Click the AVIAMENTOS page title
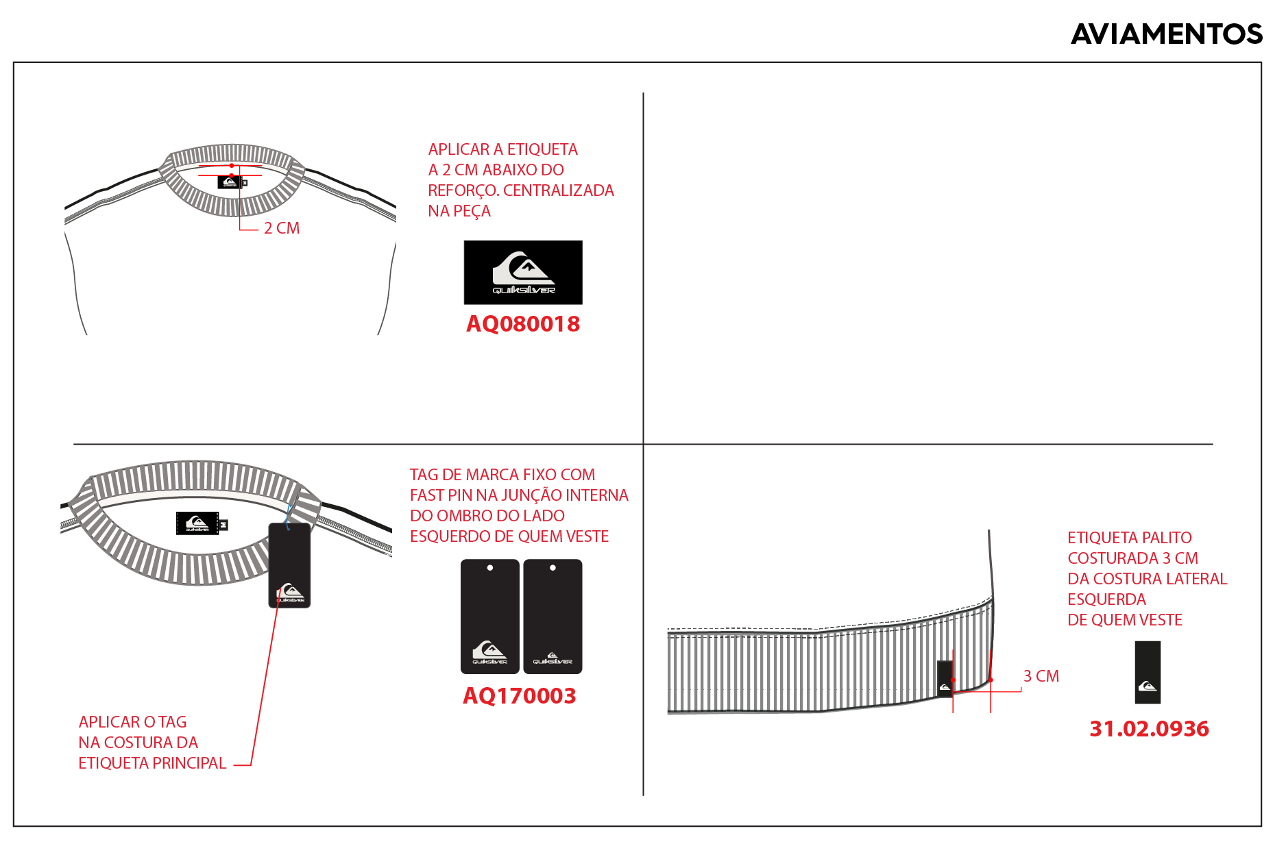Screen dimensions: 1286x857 [1166, 34]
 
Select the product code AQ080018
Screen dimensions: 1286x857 [523, 324]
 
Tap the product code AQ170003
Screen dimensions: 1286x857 [520, 696]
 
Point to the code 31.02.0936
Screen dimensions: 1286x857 [1150, 729]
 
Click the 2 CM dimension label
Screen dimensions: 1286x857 [282, 228]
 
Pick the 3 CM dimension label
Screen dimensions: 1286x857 [1041, 676]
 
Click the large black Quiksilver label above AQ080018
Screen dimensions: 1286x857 [523, 272]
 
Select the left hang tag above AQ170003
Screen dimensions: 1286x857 [489, 617]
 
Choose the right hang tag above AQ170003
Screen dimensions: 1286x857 [553, 617]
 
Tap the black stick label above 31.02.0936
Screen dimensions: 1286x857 [1148, 672]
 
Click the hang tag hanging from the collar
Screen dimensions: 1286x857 [289, 565]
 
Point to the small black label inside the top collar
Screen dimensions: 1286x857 [231, 182]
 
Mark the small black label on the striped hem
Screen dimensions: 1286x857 [945, 678]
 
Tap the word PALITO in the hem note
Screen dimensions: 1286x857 [1165, 538]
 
